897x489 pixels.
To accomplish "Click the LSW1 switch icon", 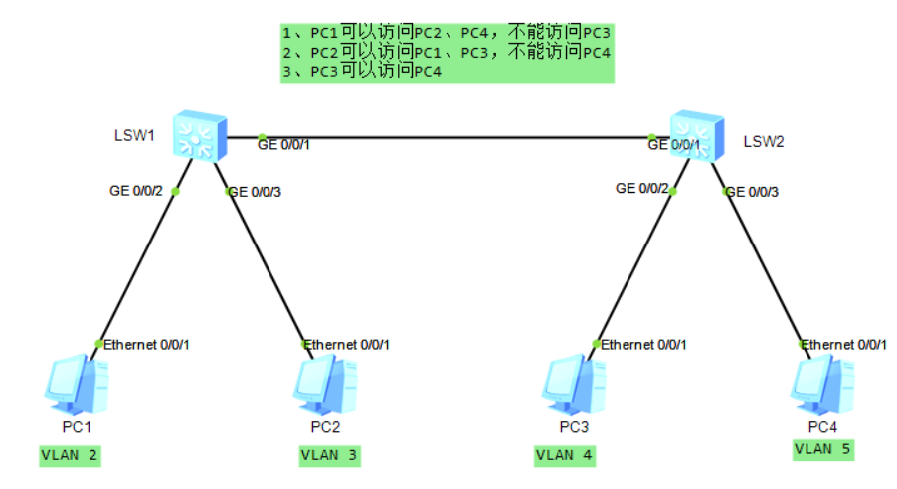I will click(198, 136).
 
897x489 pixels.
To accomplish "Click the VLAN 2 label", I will click(71, 456).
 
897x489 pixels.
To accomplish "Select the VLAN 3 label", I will click(330, 456).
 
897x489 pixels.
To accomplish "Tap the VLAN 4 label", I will click(565, 456).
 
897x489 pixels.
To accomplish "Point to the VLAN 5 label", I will click(823, 449).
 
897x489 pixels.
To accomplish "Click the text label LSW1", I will click(134, 134).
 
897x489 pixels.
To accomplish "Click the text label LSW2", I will click(764, 142).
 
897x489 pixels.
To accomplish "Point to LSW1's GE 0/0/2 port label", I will click(135, 190).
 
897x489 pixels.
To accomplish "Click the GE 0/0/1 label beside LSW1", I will click(284, 145).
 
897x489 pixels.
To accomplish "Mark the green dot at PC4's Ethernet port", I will click(804, 344).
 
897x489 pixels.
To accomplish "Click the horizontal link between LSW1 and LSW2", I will click(448, 137).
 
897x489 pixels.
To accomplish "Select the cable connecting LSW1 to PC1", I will click(137, 266).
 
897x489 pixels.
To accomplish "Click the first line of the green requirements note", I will click(446, 33).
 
